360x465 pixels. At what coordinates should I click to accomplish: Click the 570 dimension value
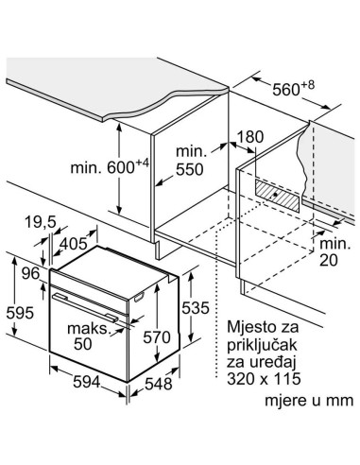(x=163, y=336)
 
